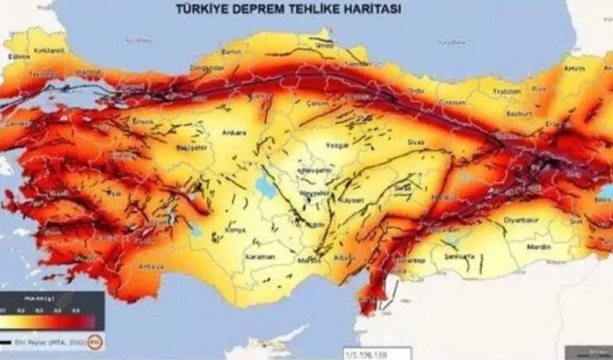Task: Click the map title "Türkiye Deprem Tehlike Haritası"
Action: coord(288,9)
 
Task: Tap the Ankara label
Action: coord(234,133)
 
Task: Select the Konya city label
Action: coord(235,230)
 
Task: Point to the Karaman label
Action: coord(260,257)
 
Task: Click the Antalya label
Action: coord(150,266)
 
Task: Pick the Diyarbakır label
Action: coord(522,220)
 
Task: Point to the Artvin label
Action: coord(574,68)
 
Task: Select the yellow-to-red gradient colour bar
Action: coord(48,321)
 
